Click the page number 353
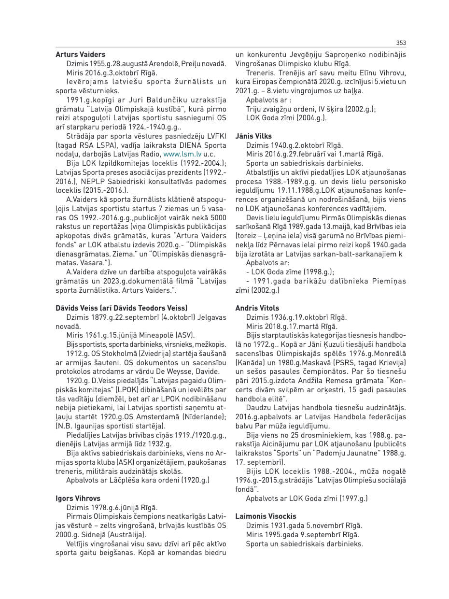pos(401,43)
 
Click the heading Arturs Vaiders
pos(80,55)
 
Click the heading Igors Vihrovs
pos(78,498)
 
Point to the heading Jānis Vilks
pos(253,136)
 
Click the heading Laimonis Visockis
pos(266,516)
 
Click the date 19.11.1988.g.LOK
pos(318,191)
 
